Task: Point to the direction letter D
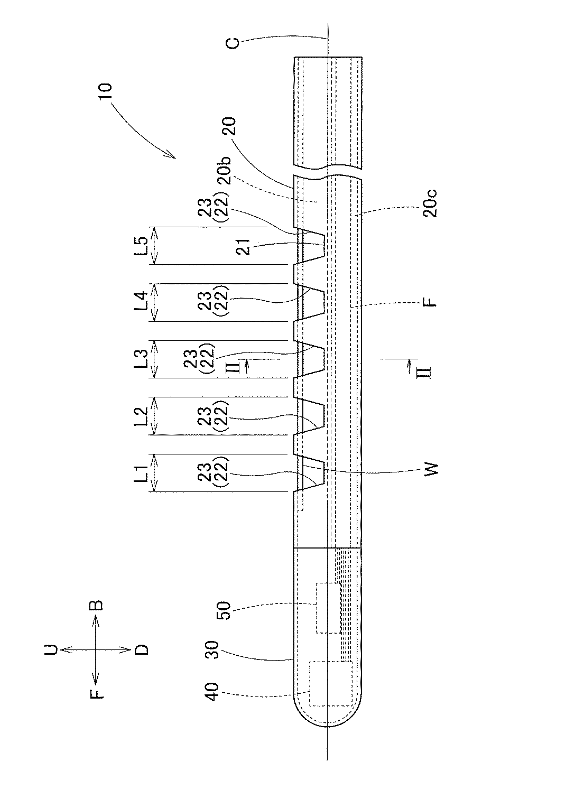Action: (x=142, y=649)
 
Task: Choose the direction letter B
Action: (x=96, y=605)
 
